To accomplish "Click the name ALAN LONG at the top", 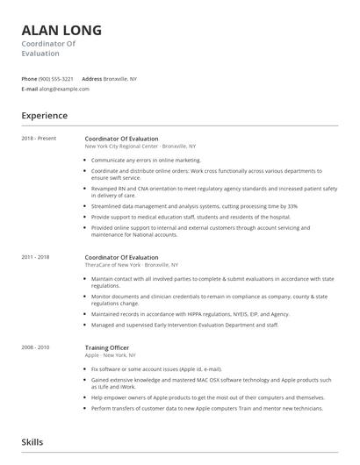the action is pos(61,30).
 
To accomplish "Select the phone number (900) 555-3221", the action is pos(57,79).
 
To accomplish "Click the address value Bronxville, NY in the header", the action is pos(120,79).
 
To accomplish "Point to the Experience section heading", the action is pos(45,115).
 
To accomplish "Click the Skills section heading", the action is pos(32,442).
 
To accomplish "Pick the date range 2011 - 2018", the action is pos(36,257).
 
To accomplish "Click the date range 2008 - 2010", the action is pos(36,323).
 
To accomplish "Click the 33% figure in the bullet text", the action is pos(292,206).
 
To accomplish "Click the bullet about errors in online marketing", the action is pos(146,161).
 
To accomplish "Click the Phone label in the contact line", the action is pos(29,79).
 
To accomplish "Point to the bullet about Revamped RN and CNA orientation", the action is pos(211,191).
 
